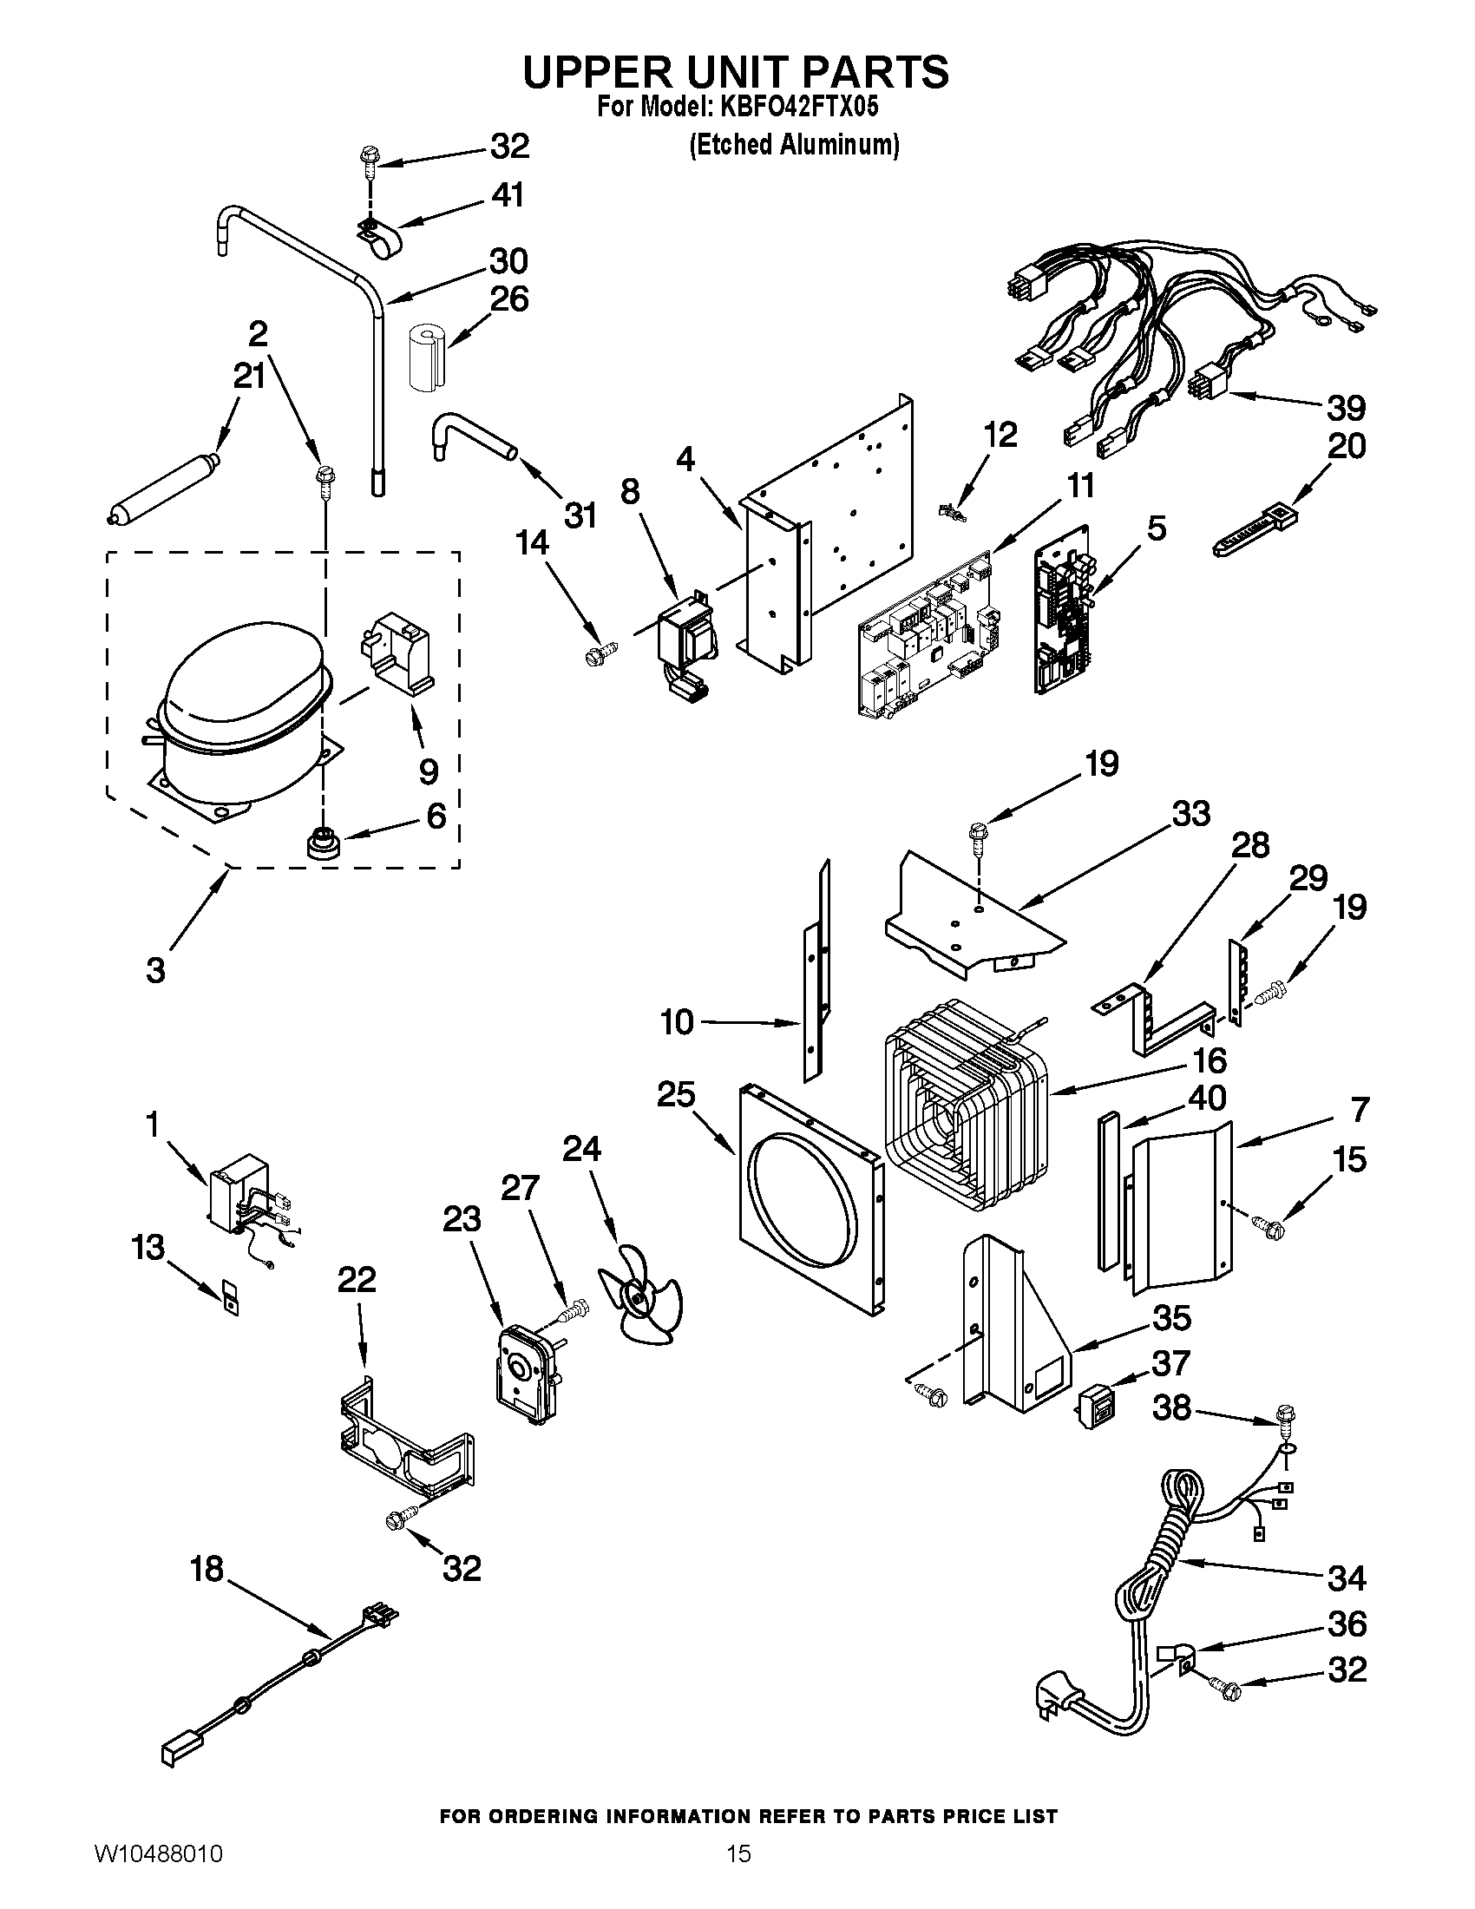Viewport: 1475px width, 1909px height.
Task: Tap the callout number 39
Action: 1345,408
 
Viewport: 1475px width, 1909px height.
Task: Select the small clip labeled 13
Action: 230,1297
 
